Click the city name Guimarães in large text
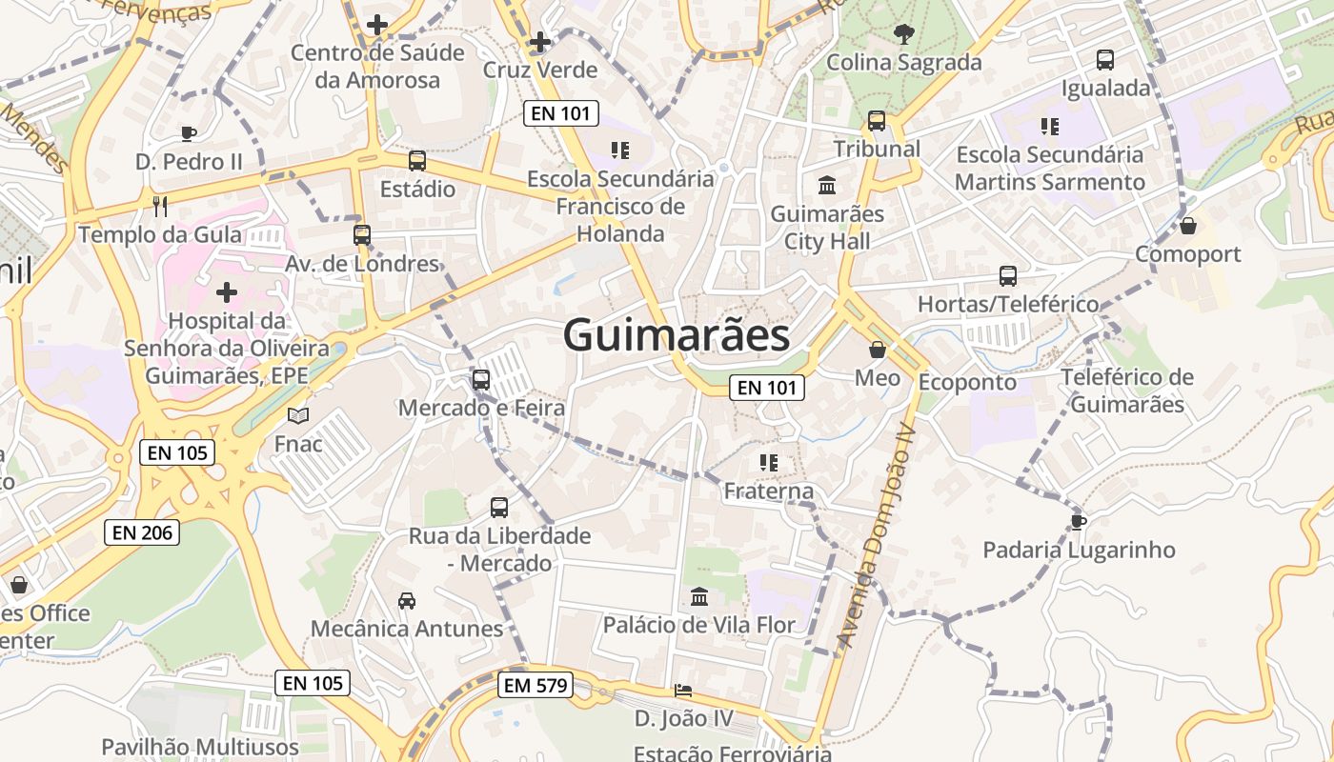point(676,335)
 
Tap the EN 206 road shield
point(142,532)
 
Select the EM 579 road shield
point(536,685)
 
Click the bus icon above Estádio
point(417,161)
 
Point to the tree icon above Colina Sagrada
point(902,35)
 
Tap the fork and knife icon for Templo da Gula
point(160,206)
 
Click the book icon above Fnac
point(298,415)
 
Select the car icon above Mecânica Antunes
point(407,600)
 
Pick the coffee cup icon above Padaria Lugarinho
point(1078,522)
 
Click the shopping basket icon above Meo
point(878,350)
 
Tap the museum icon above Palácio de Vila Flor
point(699,597)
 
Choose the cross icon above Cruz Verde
point(540,42)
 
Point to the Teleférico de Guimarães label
point(1127,391)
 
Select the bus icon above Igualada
point(1105,60)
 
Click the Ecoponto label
point(967,382)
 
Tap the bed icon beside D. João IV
point(683,691)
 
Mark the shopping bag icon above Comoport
point(1188,226)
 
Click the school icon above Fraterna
point(769,463)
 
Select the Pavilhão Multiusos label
point(200,748)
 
